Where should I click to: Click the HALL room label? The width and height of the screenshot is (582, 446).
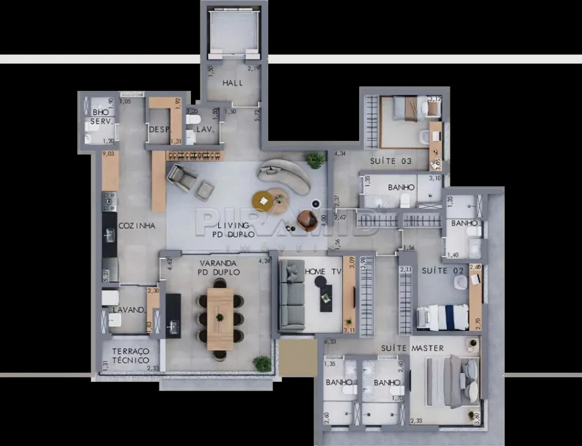click(233, 83)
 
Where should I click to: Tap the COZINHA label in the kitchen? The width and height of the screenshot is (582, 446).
click(137, 226)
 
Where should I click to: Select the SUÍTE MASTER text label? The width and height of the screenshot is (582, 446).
click(412, 348)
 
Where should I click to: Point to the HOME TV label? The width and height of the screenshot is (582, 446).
click(323, 271)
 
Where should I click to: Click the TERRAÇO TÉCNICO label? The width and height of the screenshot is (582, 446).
click(131, 356)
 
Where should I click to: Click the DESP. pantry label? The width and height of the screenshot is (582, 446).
click(159, 130)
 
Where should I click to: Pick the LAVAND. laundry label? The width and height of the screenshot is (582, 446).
click(129, 310)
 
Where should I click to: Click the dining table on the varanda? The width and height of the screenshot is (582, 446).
click(220, 318)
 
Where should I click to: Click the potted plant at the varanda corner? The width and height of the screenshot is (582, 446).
click(262, 364)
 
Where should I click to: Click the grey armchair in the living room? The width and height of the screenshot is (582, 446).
click(183, 178)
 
